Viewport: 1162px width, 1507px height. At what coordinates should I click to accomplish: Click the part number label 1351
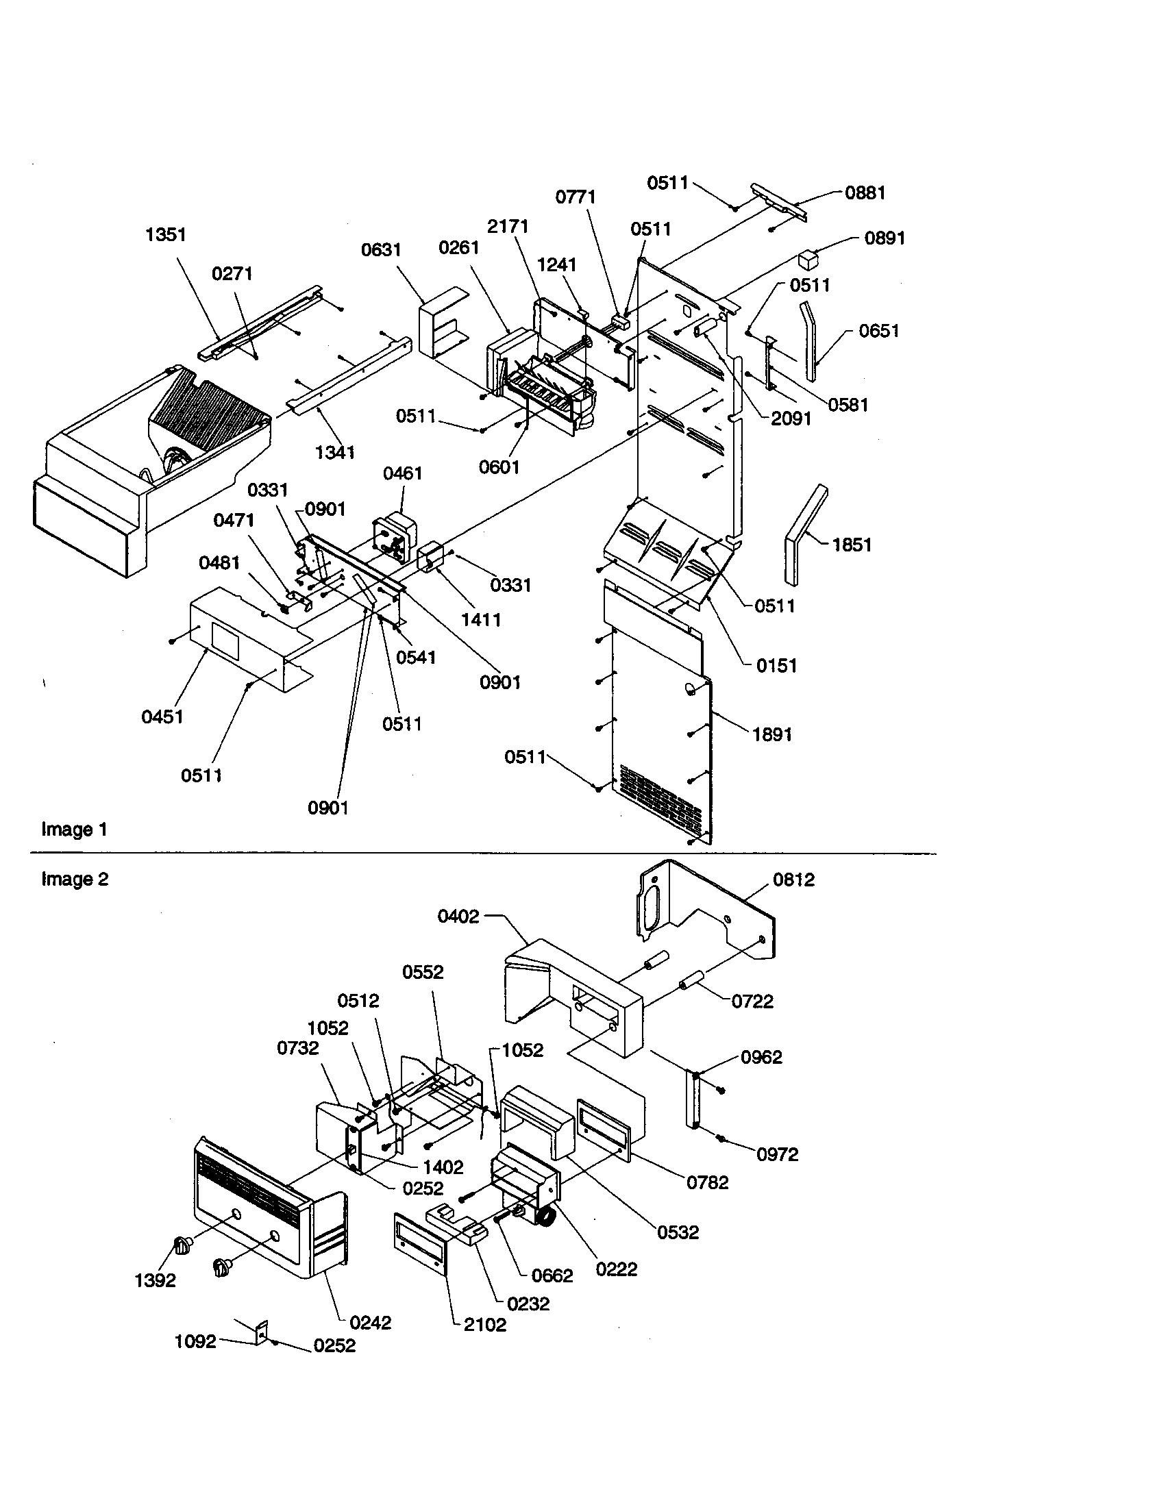click(x=166, y=234)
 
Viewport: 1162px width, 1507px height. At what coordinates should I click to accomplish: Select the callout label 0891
click(x=885, y=238)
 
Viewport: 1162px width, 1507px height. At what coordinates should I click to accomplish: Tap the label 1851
click(x=852, y=545)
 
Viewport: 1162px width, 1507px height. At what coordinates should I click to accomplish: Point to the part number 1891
click(x=771, y=734)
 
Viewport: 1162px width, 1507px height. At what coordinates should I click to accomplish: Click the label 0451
click(x=162, y=717)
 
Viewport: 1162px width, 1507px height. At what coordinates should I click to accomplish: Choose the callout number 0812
click(x=793, y=880)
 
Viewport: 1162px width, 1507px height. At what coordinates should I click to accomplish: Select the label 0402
click(x=458, y=917)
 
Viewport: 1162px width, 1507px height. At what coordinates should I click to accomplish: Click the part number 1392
click(x=155, y=1281)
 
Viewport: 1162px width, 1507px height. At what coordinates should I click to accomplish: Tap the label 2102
click(x=485, y=1325)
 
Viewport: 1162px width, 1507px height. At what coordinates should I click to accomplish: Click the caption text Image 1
click(x=75, y=830)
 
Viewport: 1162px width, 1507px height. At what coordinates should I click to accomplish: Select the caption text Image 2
click(x=75, y=879)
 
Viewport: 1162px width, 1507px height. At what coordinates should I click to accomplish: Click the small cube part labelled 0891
click(x=807, y=261)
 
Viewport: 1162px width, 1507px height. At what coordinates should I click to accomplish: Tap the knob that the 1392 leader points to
click(x=182, y=1246)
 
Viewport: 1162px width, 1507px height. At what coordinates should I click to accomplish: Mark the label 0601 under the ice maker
click(x=498, y=467)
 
